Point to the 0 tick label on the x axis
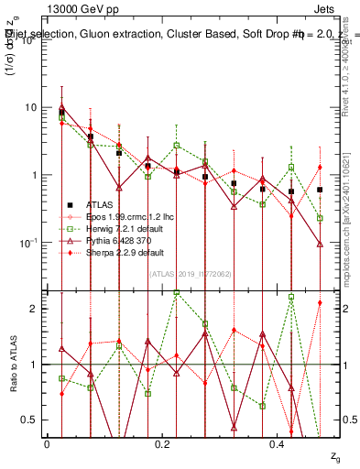point(47,443)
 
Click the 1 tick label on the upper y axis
point(33,175)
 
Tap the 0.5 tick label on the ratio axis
point(29,420)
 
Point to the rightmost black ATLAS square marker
point(320,190)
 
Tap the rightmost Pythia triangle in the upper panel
point(320,245)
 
